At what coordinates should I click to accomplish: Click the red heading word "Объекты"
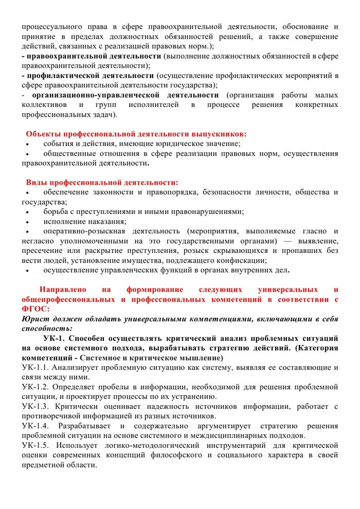(42, 133)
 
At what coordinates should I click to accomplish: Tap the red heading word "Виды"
(35, 183)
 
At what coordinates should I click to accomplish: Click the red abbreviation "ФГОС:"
(35, 308)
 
